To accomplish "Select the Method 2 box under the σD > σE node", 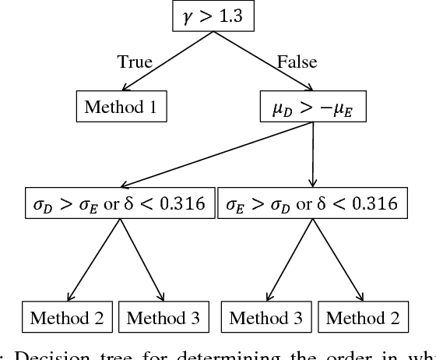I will pos(69,317).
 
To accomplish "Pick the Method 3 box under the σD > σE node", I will pos(163,317).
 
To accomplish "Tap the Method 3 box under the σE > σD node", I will pos(267,317).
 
